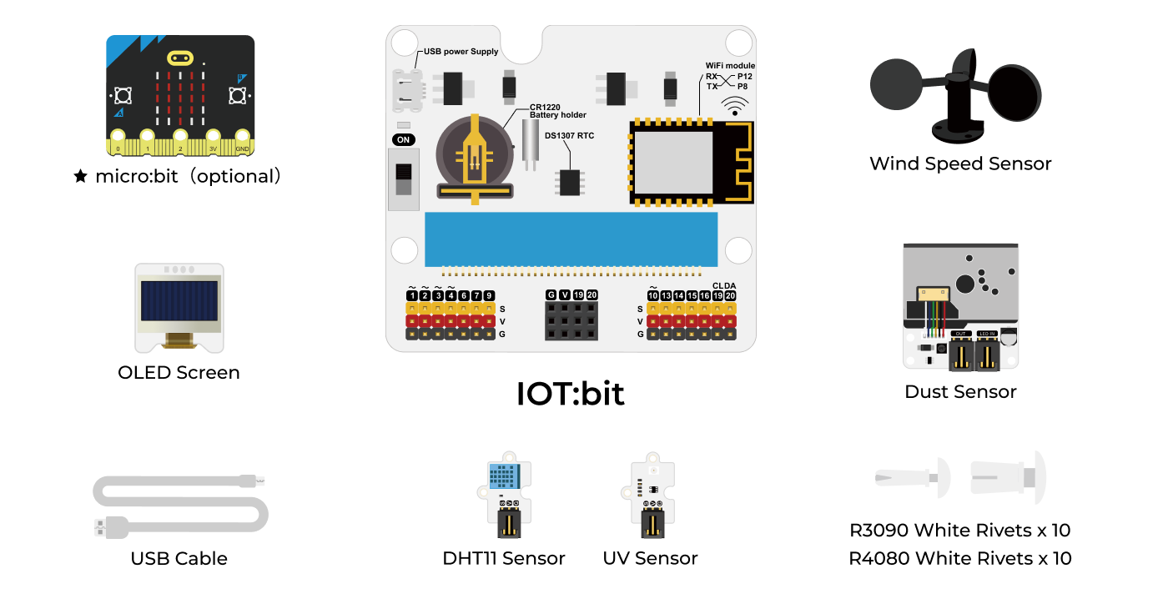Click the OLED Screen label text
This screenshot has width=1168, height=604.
[179, 373]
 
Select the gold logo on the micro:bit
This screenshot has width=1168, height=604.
[180, 58]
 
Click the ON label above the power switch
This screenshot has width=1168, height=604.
[403, 139]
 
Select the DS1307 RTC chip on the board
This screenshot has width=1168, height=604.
[570, 181]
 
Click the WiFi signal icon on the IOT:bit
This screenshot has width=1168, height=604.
[735, 106]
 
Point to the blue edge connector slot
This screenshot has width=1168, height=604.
[571, 237]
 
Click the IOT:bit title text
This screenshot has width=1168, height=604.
[571, 394]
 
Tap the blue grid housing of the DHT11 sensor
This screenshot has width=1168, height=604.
[503, 477]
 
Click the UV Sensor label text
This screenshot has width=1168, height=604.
[650, 559]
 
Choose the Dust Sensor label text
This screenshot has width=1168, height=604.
[960, 392]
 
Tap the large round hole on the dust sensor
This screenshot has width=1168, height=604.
[964, 284]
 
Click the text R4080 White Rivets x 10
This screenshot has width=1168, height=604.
[959, 559]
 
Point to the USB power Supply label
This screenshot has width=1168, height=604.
[461, 52]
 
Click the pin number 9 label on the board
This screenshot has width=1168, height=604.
[489, 295]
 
